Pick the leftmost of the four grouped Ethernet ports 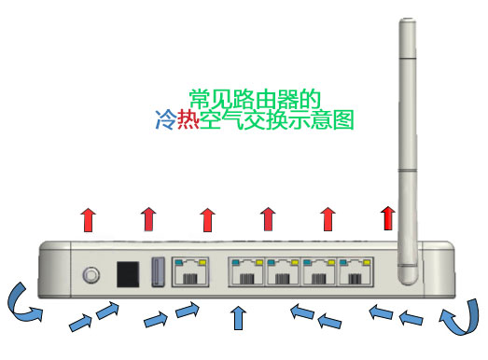[x=245, y=273]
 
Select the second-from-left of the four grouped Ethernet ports [x=282, y=273]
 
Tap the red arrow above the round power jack [x=89, y=221]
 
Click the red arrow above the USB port [x=148, y=220]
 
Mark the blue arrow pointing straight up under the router [x=238, y=318]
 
